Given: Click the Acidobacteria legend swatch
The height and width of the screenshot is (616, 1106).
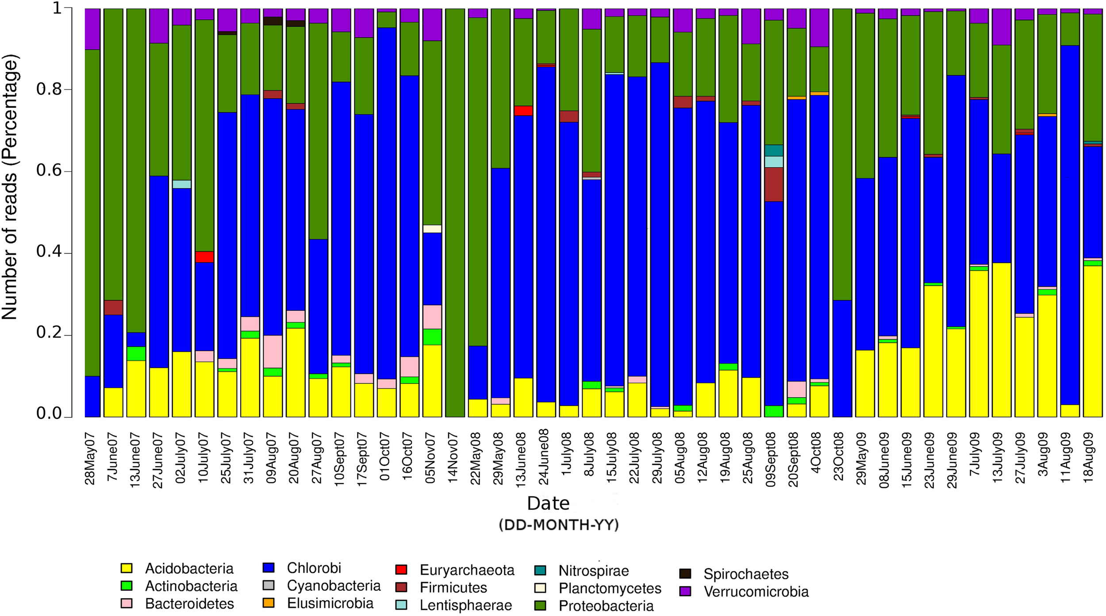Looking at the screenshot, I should [127, 568].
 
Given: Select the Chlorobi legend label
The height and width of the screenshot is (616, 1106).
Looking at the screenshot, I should [314, 568].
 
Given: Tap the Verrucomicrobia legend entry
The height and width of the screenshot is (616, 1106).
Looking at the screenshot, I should [756, 592].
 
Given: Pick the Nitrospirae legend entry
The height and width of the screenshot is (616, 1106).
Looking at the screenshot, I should [593, 571].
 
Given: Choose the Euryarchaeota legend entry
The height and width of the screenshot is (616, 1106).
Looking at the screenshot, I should [467, 570].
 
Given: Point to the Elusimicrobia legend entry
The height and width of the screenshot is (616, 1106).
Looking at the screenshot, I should [330, 603].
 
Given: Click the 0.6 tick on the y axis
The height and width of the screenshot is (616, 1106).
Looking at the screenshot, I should [49, 171].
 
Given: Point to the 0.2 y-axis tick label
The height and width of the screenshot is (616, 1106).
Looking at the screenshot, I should [49, 333].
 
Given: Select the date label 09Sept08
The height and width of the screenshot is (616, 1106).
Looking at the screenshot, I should [771, 460].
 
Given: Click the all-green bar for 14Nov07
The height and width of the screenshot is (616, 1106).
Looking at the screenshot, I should [455, 212].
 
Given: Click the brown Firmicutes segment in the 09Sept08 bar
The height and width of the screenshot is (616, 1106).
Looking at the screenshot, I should [773, 184].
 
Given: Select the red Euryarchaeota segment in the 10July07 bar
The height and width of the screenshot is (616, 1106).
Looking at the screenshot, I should [204, 257].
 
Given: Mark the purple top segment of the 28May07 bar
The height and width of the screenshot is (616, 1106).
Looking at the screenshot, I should [92, 29].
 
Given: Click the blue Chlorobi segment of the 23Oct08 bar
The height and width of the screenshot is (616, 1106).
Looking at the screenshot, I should [842, 358].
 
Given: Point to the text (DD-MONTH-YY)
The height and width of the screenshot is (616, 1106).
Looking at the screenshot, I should [558, 525].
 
